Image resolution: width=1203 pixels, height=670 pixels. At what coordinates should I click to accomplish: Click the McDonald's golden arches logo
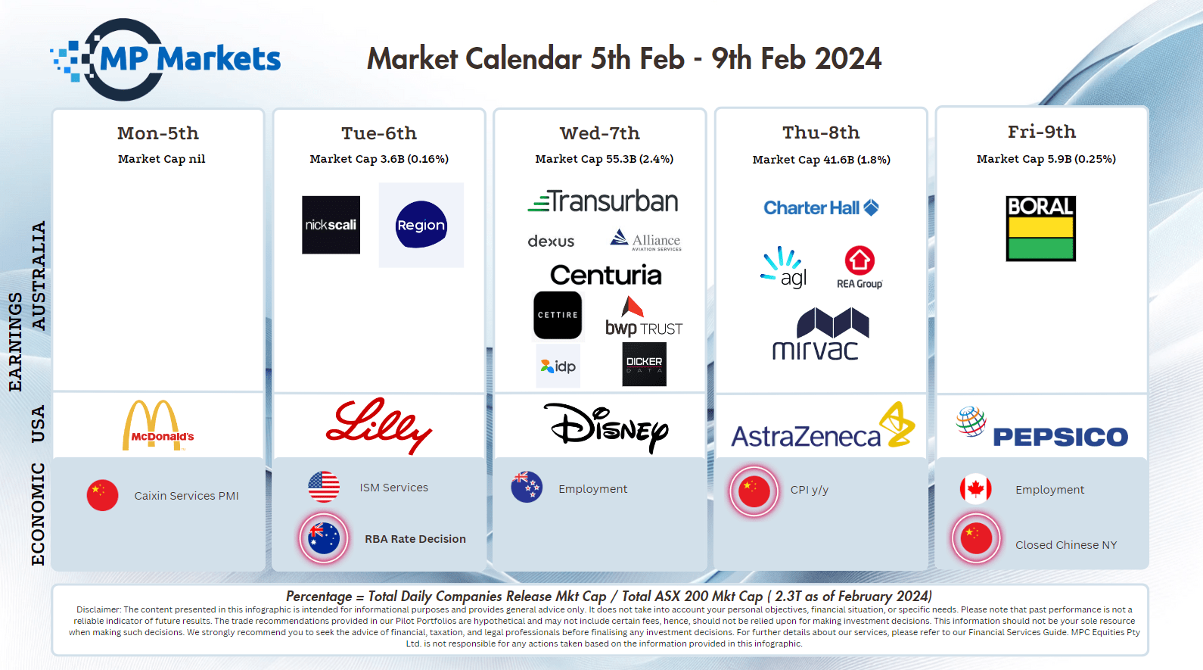(158, 425)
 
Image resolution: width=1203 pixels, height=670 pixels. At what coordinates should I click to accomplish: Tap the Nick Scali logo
(331, 225)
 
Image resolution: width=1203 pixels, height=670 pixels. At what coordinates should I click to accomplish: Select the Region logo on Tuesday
(421, 225)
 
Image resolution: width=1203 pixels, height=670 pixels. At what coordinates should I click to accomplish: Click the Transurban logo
(602, 201)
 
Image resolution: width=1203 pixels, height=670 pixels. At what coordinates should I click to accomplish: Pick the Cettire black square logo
(558, 316)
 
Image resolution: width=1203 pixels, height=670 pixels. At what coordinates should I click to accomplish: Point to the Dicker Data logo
(644, 364)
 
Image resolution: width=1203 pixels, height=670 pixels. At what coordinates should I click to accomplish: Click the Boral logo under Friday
(1041, 229)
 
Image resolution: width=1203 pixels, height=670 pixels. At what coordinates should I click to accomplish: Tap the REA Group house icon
(860, 260)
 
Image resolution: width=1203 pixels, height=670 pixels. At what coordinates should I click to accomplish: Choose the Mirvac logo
(820, 334)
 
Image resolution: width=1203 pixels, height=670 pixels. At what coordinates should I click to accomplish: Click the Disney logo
(606, 428)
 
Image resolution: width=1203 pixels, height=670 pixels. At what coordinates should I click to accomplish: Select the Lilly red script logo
(378, 425)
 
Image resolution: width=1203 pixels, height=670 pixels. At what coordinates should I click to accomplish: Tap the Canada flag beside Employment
(975, 489)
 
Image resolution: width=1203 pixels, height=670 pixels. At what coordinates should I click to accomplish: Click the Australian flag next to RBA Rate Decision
(324, 538)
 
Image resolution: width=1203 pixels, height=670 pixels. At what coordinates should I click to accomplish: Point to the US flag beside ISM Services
(324, 487)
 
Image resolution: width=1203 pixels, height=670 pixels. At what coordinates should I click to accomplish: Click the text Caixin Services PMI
(186, 495)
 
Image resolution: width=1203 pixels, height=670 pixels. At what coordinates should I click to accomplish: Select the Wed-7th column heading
(599, 132)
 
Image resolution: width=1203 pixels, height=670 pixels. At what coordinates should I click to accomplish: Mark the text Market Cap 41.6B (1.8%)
(821, 160)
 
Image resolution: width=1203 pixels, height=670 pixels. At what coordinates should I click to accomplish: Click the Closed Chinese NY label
(1065, 545)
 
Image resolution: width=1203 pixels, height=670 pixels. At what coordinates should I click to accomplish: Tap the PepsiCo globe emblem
(971, 421)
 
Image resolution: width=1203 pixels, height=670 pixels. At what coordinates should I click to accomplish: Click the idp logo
(558, 366)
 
